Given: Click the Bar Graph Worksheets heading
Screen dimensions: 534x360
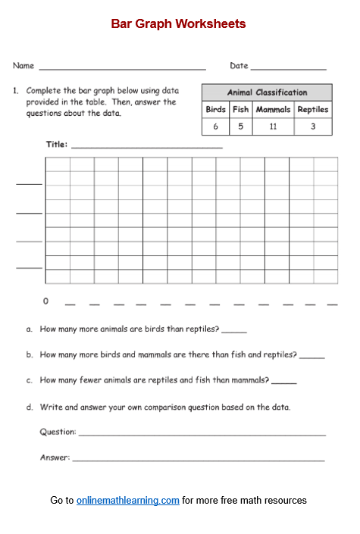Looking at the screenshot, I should pos(178,24).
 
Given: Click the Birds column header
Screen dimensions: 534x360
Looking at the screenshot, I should pos(216,109).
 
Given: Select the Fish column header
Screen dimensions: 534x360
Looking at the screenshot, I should pos(240,109).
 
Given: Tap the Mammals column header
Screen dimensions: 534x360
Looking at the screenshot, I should pos(273,109).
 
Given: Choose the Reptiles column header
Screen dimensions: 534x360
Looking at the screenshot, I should pos(313,109).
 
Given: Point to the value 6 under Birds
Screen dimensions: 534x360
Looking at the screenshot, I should pos(216,126).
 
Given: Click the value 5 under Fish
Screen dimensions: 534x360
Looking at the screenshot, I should pos(240,126).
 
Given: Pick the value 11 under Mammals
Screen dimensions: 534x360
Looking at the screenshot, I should pos(273,126).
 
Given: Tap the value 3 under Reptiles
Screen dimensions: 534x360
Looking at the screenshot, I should pos(313,126).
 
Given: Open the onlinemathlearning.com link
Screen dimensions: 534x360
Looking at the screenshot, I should pos(127,501).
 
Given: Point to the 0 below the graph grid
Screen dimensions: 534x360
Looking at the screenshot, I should pos(45,301).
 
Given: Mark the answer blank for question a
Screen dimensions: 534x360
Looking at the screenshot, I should pos(234,331).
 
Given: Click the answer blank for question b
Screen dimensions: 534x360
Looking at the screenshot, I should pos(311,356).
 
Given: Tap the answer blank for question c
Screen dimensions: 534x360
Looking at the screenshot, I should pos(283,382).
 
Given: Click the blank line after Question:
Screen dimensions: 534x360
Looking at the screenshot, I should pos(202,434).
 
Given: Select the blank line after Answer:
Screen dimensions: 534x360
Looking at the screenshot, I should pos(199,460).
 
